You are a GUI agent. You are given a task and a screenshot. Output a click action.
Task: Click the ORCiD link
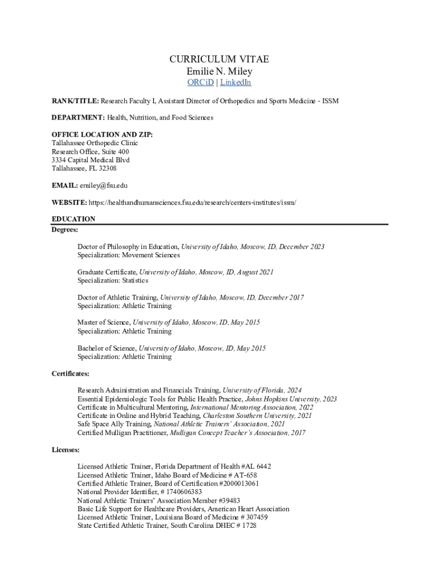(201, 83)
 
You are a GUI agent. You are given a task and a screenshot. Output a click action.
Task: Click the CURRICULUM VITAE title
(219, 60)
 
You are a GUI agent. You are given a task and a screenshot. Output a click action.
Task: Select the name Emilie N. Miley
(219, 71)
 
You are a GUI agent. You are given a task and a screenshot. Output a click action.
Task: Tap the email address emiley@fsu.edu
(104, 186)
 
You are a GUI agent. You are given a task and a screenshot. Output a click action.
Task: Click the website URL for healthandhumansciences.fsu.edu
(193, 203)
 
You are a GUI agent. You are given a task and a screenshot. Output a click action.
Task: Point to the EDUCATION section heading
(74, 219)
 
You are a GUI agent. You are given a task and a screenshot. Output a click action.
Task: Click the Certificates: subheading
(70, 374)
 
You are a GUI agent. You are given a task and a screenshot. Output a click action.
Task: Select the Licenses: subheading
(66, 450)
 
